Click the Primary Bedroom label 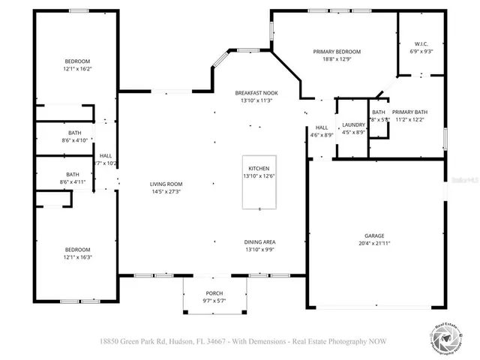[x=337, y=52]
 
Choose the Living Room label [x=166, y=184]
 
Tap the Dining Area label [x=259, y=241]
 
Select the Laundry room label [x=353, y=124]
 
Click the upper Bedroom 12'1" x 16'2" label [x=77, y=61]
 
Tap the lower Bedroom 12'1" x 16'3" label [x=77, y=250]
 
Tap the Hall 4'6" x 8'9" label [x=322, y=128]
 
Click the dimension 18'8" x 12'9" [x=337, y=59]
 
